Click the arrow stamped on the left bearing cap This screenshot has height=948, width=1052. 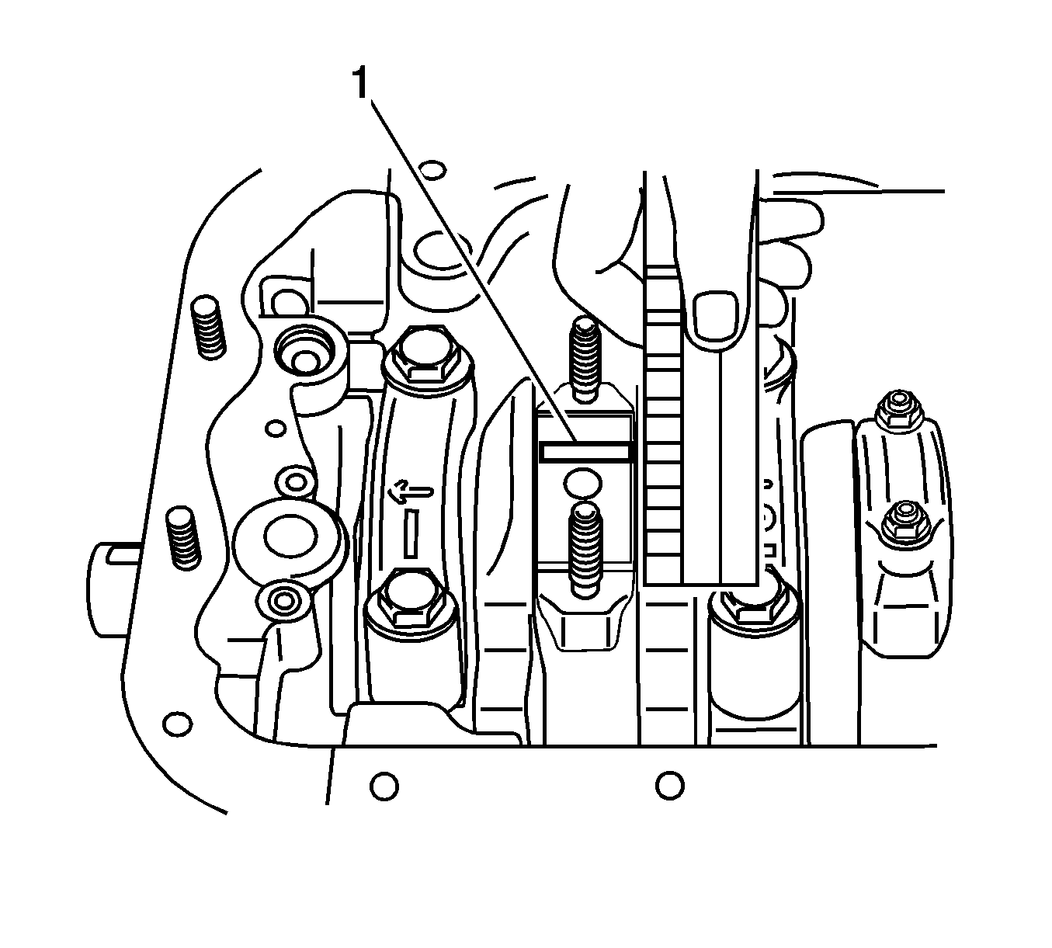click(412, 490)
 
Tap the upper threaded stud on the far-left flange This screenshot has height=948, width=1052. click(207, 327)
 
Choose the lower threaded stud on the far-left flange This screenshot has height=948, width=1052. click(183, 537)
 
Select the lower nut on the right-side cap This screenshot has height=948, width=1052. click(901, 522)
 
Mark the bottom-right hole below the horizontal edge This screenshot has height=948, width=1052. click(669, 785)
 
